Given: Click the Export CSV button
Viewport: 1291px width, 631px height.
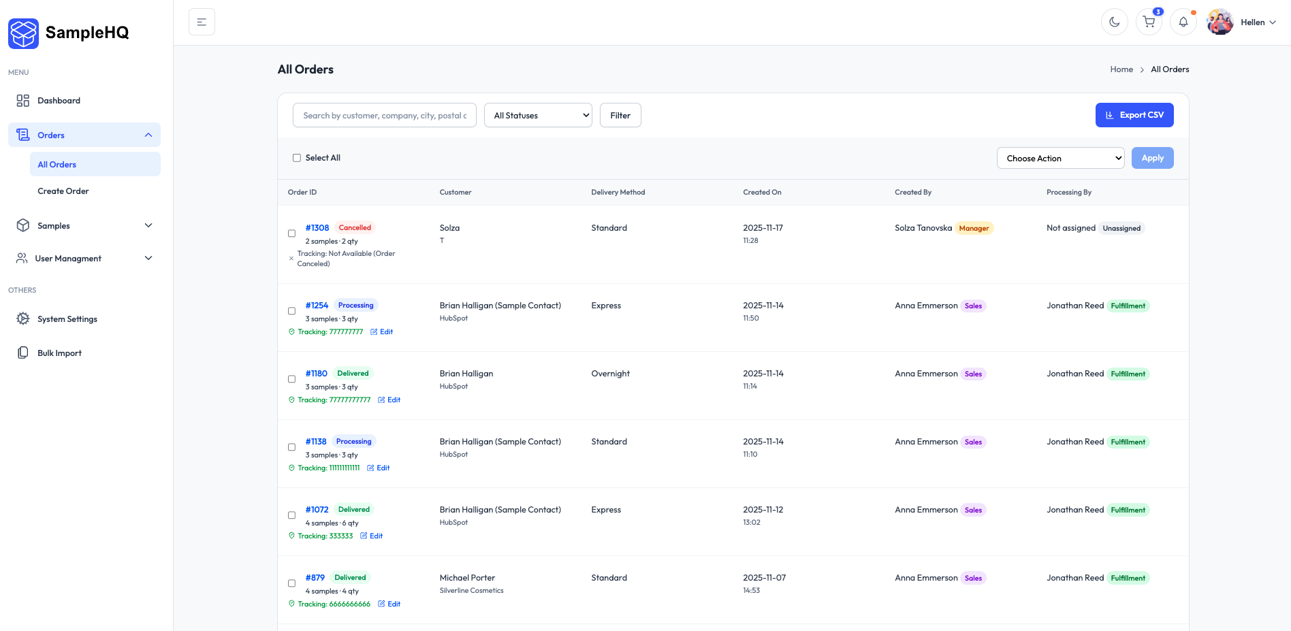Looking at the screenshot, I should (x=1134, y=115).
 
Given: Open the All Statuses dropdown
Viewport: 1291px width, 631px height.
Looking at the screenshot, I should (x=538, y=116).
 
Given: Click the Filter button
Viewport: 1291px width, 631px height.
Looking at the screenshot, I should (x=620, y=116).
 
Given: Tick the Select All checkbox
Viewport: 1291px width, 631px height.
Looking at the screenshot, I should (x=297, y=158).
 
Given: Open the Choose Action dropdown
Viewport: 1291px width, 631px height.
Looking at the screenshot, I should (x=1060, y=159).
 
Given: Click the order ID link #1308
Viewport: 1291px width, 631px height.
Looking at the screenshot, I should (x=317, y=228).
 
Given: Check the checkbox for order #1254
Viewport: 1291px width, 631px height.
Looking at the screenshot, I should (x=292, y=311).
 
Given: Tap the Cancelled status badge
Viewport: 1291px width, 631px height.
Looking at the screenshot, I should (x=355, y=228).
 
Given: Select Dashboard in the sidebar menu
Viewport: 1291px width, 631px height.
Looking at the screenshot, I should (x=59, y=101).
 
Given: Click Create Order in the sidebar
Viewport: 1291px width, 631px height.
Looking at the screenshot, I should (x=63, y=191).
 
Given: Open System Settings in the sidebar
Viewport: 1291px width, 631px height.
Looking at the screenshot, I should (x=67, y=319).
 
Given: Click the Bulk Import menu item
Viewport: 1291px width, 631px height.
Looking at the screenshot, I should (x=59, y=353).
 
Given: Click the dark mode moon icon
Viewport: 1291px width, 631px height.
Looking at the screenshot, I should (x=1114, y=22).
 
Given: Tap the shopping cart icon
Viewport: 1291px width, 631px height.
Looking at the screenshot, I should (x=1149, y=22).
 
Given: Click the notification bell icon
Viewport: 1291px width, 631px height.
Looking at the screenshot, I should (x=1183, y=22).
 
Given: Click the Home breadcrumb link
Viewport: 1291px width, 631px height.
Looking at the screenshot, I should (x=1121, y=69).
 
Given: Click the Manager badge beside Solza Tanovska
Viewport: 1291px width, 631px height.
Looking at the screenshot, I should (x=974, y=229).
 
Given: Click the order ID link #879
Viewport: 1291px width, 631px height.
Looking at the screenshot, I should (x=315, y=578).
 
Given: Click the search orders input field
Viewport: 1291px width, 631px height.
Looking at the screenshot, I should (x=385, y=116).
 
